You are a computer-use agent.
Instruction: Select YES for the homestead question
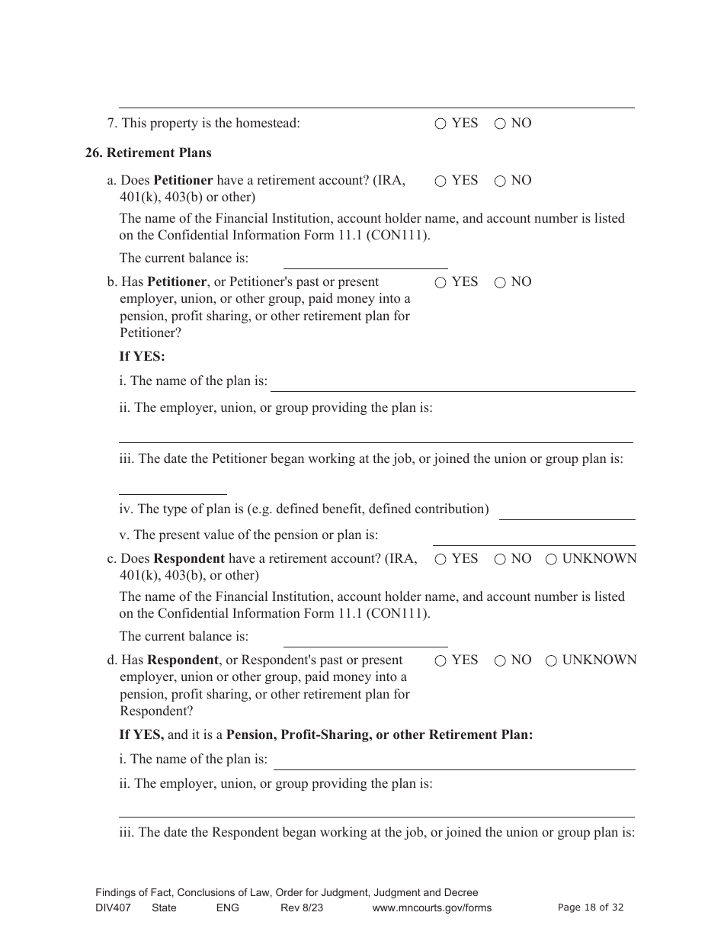[440, 124]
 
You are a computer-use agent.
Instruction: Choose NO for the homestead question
[500, 124]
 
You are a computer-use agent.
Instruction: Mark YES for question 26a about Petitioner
[440, 181]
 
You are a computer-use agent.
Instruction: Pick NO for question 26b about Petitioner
[500, 283]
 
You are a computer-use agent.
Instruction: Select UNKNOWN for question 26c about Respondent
[551, 560]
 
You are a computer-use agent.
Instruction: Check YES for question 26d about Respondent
[440, 661]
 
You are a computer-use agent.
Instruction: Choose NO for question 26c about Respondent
[500, 560]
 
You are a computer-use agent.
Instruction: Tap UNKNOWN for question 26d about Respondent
[551, 661]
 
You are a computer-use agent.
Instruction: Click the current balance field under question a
[365, 260]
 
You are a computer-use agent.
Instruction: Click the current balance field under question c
[365, 638]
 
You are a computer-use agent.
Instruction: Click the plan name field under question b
[453, 383]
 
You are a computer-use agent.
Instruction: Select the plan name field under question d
[453, 761]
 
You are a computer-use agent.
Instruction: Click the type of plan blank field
[566, 511]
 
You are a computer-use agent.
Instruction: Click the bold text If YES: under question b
[142, 357]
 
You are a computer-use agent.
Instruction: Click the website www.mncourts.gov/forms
[431, 907]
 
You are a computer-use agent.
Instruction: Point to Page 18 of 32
[591, 907]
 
